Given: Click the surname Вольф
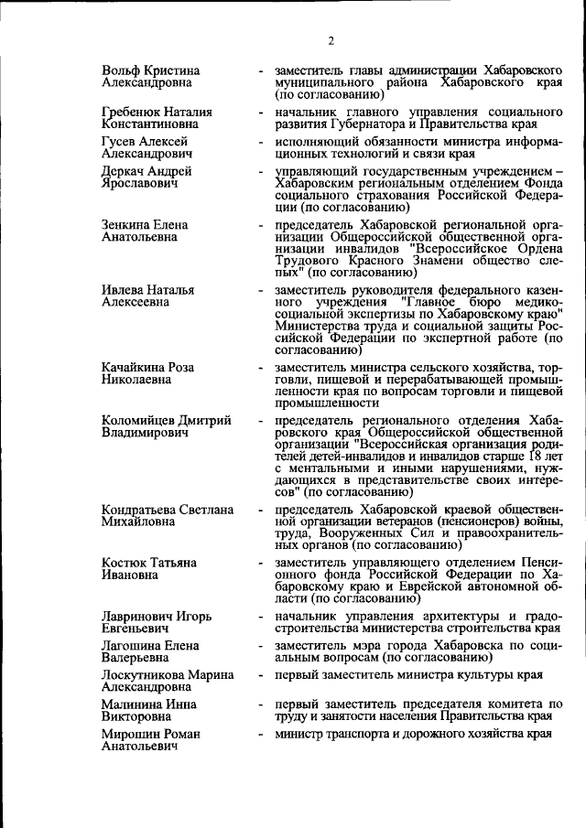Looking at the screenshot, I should [121, 70].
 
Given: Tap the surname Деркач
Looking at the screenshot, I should [125, 170].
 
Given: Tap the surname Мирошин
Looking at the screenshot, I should [129, 734].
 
